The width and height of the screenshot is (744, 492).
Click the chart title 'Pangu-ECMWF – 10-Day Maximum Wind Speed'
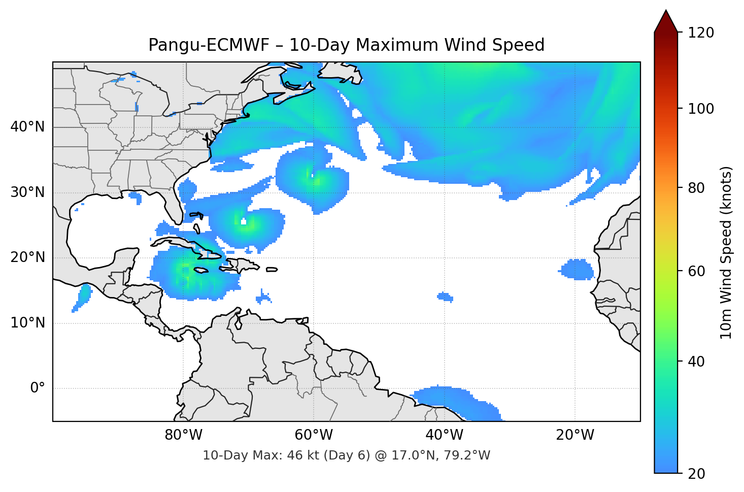(x=346, y=45)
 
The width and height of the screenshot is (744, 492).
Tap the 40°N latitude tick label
(x=27, y=127)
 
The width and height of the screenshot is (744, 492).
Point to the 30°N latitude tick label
(x=27, y=192)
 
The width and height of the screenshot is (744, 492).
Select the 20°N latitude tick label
(x=27, y=257)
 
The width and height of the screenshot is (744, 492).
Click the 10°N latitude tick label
(x=27, y=323)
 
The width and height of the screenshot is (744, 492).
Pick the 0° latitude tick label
(x=38, y=388)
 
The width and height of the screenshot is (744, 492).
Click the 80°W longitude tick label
(x=183, y=435)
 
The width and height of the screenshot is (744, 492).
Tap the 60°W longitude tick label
(x=314, y=435)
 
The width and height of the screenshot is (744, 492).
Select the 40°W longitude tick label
(x=444, y=435)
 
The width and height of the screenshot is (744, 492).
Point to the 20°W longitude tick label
(x=574, y=435)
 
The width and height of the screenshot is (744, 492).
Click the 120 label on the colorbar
(x=701, y=32)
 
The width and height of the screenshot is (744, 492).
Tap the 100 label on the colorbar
(x=701, y=109)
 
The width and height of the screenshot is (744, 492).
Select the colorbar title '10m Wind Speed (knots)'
(x=726, y=252)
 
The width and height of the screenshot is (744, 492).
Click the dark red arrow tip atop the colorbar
(x=666, y=20)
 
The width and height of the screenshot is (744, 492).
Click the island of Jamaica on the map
(x=201, y=270)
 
